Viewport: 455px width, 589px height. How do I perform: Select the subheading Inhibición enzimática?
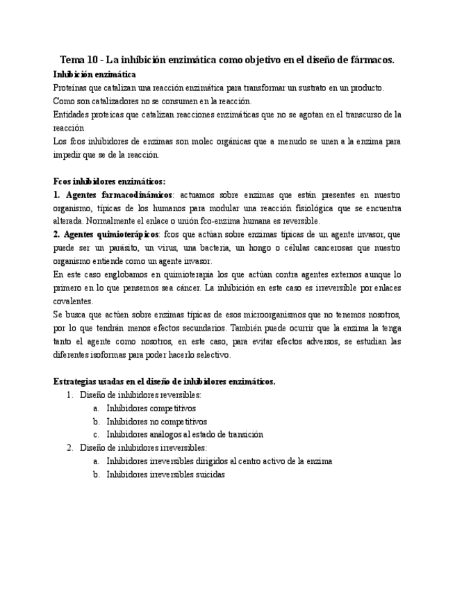tap(94, 74)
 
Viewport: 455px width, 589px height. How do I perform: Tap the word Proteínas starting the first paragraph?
tap(72, 88)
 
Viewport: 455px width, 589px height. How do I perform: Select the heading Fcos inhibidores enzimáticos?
tap(109, 181)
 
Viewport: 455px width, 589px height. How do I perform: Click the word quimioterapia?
tap(176, 275)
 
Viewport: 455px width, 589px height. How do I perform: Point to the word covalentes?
tap(73, 301)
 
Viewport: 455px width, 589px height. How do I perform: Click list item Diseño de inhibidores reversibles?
tap(140, 395)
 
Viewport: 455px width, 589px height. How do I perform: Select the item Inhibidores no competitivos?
tap(156, 421)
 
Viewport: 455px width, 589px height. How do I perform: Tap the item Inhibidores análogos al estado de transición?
tap(185, 434)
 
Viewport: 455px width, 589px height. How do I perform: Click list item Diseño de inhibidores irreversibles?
tap(143, 447)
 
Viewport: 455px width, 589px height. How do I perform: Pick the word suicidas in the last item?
tap(208, 474)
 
